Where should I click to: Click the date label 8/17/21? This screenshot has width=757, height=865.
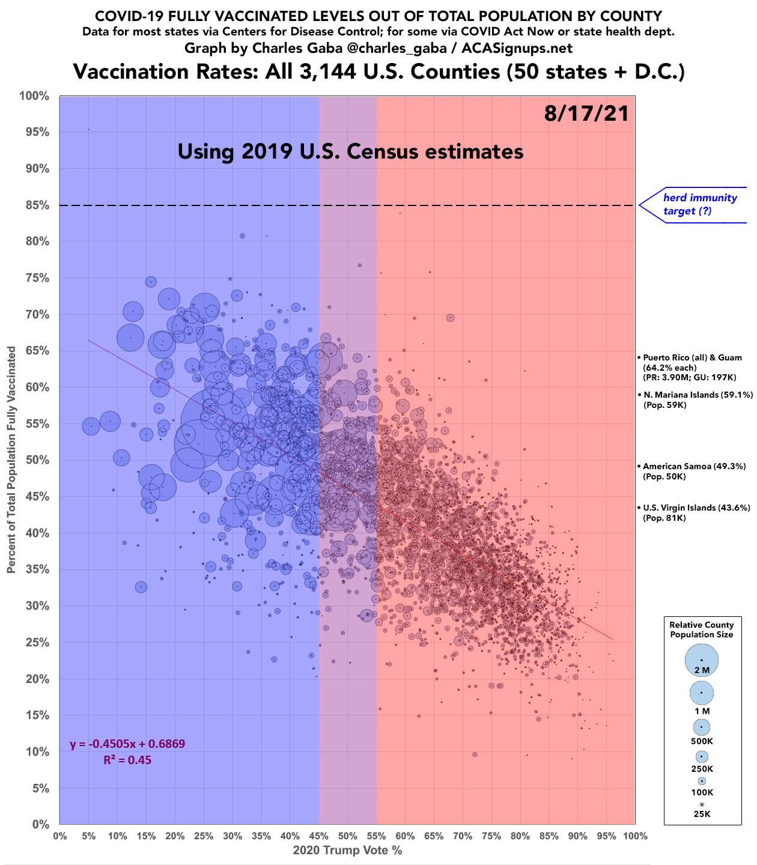586,114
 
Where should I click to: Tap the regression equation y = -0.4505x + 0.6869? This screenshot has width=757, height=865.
127,744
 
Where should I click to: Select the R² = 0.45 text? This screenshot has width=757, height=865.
127,760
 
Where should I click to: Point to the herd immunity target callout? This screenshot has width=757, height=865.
699,204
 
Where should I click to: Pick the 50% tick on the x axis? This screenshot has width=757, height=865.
347,836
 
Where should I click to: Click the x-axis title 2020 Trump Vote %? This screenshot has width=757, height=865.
347,851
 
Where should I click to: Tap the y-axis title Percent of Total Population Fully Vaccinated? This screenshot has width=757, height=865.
11,460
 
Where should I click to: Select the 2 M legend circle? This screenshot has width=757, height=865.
702,660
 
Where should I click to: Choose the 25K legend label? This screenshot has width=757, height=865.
702,814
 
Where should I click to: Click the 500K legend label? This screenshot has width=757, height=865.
702,741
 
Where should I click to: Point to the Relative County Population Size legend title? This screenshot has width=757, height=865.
702,630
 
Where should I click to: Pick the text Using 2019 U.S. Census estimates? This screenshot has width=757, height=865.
350,151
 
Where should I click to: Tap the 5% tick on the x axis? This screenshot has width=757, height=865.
88,836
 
